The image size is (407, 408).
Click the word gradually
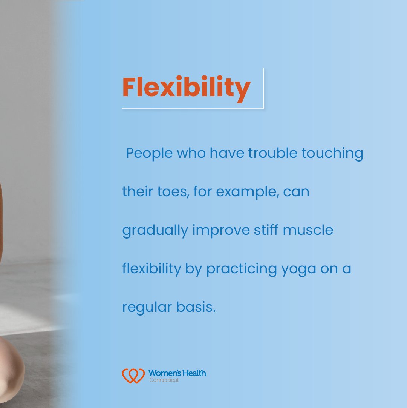(x=155, y=230)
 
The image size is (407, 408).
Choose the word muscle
(x=308, y=230)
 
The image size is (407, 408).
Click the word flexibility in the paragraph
(x=151, y=269)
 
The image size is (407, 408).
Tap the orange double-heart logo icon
(x=133, y=376)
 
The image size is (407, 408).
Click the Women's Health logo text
(x=177, y=373)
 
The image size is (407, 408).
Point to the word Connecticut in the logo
(x=164, y=380)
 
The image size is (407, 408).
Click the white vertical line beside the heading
(x=263, y=88)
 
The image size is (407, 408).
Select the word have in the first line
(x=225, y=154)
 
